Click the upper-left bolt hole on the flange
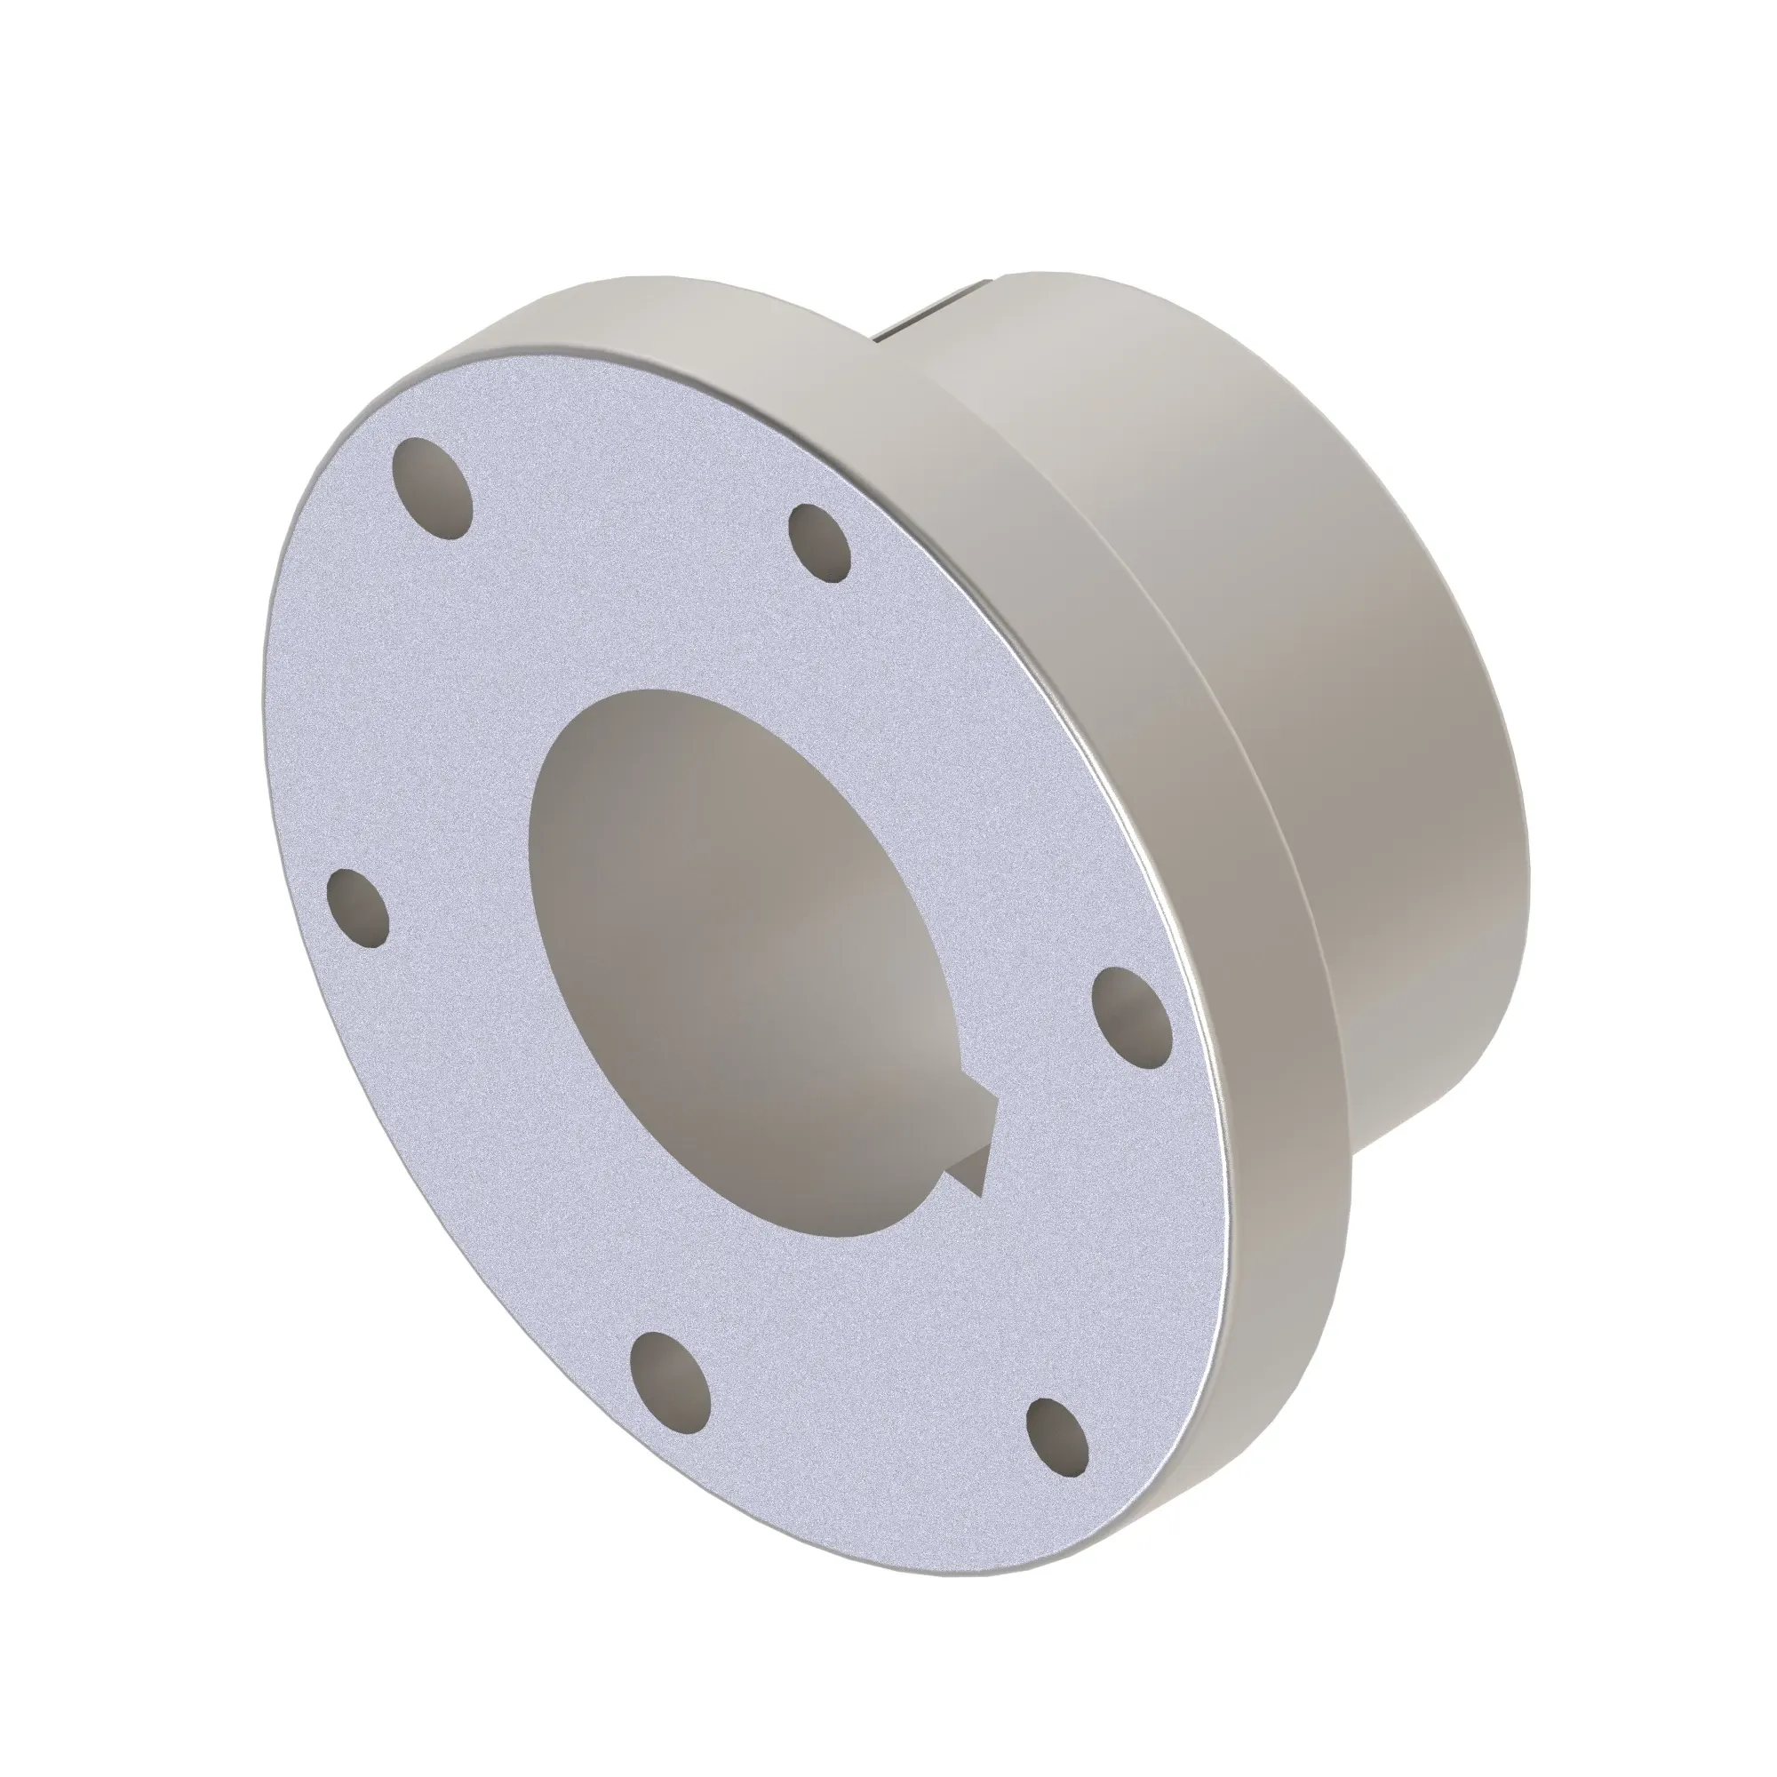[432, 487]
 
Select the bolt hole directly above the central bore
[820, 543]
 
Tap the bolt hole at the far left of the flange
[357, 910]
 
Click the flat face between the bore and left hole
[450, 920]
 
